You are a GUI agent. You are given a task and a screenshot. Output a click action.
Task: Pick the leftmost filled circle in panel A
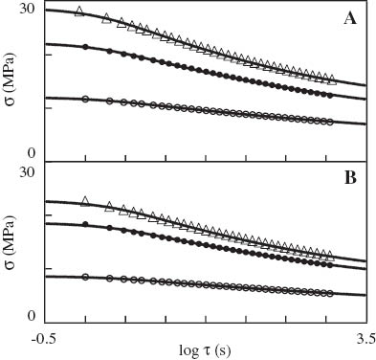(86, 47)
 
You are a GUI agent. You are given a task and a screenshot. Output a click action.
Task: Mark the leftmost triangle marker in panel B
(86, 201)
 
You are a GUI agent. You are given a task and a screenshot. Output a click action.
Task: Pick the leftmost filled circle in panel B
(86, 224)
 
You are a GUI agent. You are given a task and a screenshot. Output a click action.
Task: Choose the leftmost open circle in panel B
(86, 277)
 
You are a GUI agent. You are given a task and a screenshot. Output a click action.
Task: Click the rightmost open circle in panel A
(330, 122)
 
